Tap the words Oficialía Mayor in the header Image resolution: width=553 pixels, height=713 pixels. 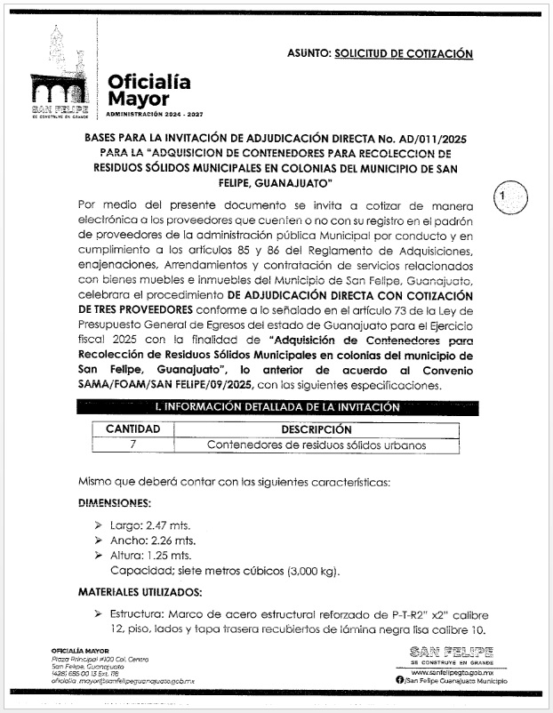(148, 92)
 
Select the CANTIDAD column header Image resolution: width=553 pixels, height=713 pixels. (133, 429)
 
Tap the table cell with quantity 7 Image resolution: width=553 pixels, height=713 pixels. (133, 445)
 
